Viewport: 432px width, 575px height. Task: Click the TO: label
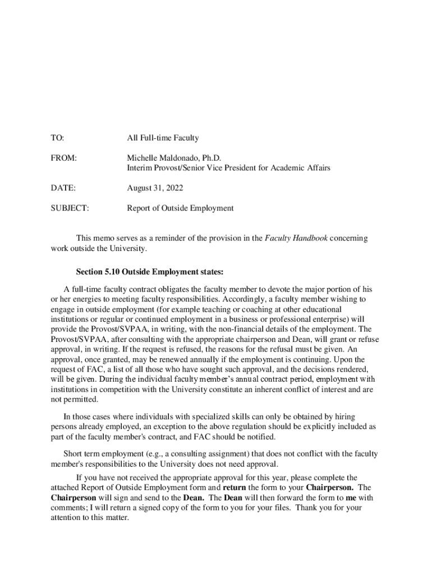coord(57,138)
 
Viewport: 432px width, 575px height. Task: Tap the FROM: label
coord(63,158)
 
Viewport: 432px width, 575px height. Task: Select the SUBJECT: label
coord(70,208)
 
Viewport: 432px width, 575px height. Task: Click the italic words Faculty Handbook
coord(296,238)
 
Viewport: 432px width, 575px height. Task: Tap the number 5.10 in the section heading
coord(111,272)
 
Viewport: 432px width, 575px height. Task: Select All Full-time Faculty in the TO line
coord(163,138)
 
